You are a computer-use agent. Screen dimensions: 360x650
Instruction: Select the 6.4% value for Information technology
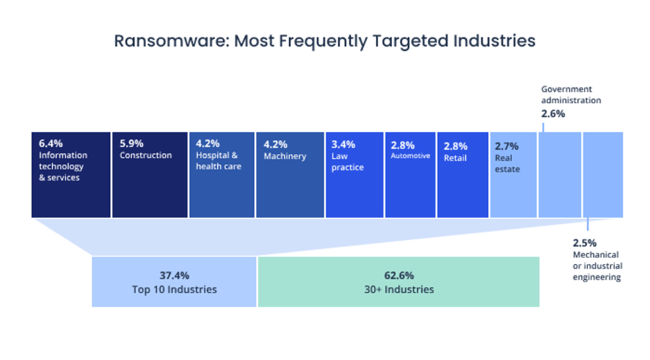tap(50, 143)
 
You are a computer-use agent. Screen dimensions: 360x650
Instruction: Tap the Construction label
tap(145, 155)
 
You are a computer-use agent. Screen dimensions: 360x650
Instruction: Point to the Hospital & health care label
tap(217, 161)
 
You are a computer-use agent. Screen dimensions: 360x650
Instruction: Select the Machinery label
tap(285, 156)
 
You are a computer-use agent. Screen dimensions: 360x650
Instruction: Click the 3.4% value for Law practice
tap(343, 144)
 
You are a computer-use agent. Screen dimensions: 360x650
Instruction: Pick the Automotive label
tap(410, 155)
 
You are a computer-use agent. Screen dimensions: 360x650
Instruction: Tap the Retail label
tap(455, 158)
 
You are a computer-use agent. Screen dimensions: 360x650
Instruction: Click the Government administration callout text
tap(571, 95)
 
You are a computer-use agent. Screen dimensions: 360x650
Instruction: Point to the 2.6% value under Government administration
tap(553, 113)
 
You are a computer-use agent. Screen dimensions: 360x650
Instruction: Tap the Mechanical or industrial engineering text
tap(596, 266)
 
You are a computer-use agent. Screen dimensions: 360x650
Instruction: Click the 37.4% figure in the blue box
tap(173, 275)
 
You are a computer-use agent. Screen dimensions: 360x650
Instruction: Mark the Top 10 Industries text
tap(173, 289)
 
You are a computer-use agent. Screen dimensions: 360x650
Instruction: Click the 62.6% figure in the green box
tap(398, 275)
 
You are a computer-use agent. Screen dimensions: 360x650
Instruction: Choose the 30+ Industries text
tap(398, 289)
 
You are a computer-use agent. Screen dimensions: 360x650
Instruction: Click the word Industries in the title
tap(495, 41)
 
